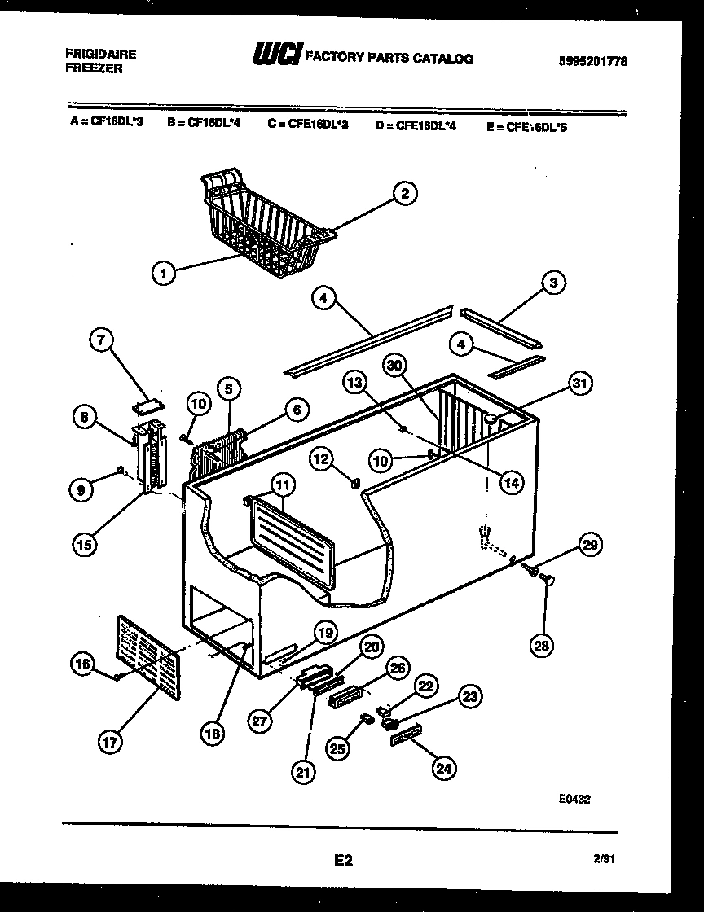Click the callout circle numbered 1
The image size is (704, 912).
[x=164, y=274]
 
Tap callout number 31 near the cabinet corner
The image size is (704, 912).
[x=580, y=384]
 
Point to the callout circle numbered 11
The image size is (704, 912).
[x=282, y=486]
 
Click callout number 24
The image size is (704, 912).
[x=444, y=767]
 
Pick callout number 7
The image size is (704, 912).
[x=102, y=342]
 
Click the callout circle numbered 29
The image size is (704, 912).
[x=590, y=546]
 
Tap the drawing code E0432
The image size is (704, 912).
[x=574, y=799]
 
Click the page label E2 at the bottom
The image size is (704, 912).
[x=342, y=859]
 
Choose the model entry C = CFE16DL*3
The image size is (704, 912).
[x=307, y=125]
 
